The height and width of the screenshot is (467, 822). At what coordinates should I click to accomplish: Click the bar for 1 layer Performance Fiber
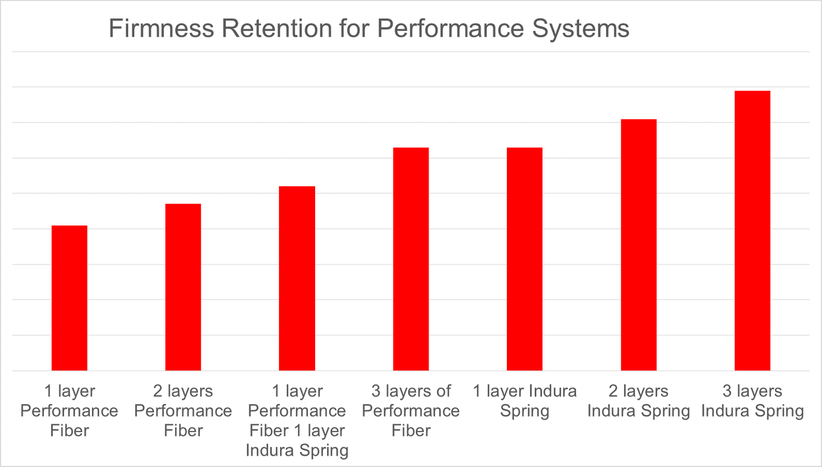tap(69, 298)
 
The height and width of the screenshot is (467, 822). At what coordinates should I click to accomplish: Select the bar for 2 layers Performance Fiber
tap(183, 287)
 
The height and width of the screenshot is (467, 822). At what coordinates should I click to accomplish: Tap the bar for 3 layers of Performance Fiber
tap(411, 259)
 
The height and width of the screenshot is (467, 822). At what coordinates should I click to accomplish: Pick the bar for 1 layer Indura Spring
tap(524, 259)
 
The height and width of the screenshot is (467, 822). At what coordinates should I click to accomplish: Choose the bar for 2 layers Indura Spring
tap(638, 245)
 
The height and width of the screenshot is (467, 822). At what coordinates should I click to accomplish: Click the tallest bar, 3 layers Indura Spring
tap(752, 230)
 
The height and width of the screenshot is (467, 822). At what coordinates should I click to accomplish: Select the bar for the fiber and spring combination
tap(297, 278)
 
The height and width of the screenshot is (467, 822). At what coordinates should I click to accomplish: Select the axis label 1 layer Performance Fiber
tap(69, 411)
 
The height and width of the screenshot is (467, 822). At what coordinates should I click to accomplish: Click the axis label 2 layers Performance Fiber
tap(183, 411)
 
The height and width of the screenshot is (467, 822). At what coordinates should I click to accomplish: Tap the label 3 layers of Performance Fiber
tap(411, 411)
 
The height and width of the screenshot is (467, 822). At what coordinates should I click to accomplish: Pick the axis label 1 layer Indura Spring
tap(524, 401)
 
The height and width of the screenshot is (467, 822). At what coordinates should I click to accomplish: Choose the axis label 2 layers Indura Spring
tap(638, 401)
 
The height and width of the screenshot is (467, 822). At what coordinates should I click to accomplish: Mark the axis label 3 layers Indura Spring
tap(752, 401)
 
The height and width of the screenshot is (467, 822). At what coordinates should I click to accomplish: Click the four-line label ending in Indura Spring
tap(297, 420)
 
